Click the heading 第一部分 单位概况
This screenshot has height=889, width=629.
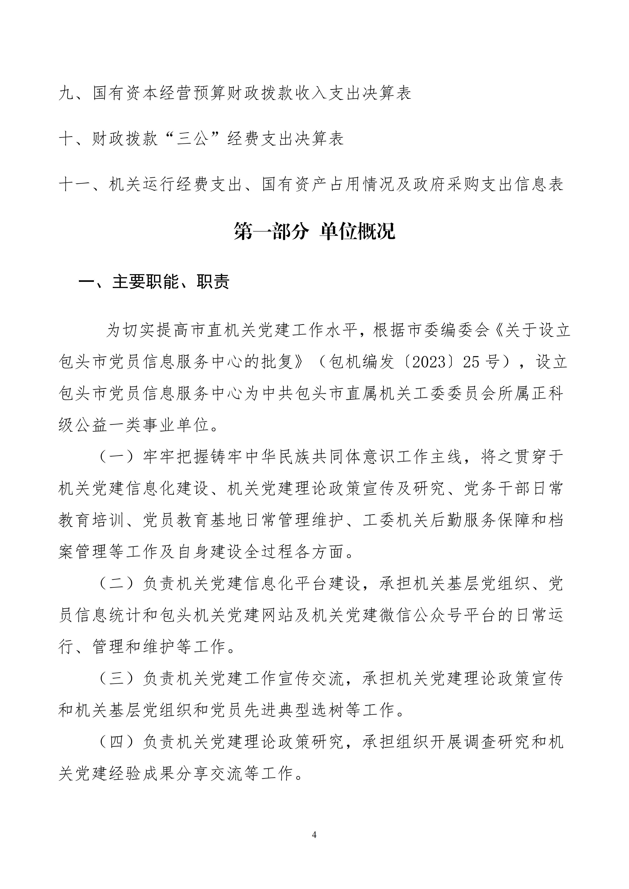click(x=314, y=231)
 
